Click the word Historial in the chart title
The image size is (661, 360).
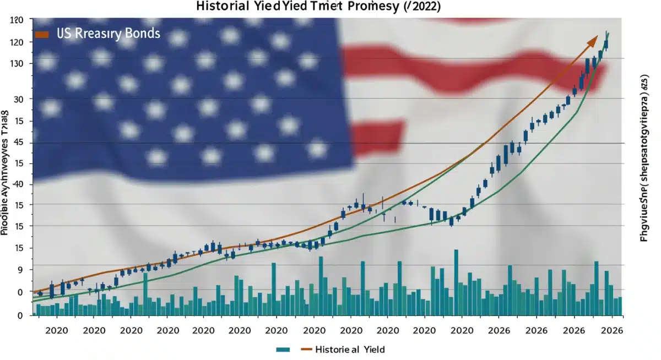coord(219,8)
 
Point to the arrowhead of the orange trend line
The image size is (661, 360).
coord(594,40)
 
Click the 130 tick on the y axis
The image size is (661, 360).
coord(18,63)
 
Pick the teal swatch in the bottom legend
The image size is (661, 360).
coord(283,349)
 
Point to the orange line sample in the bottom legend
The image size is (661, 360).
coord(306,349)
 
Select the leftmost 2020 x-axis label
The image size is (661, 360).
coord(56,331)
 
